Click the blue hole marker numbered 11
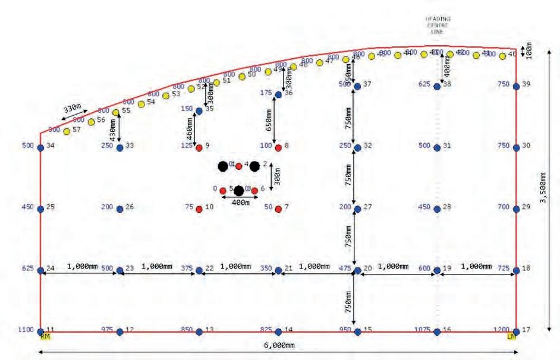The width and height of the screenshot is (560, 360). (40, 331)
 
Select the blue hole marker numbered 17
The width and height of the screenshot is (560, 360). (516, 331)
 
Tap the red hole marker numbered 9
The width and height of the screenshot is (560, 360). (199, 147)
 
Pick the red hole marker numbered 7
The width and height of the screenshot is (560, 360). (278, 209)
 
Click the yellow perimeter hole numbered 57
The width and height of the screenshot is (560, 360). (67, 131)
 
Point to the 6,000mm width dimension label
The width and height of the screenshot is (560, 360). (278, 345)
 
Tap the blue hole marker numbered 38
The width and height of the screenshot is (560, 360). (438, 86)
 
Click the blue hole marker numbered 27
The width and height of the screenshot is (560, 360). (357, 209)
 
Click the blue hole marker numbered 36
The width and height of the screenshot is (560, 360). (278, 94)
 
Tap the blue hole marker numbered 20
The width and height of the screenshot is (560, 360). (357, 270)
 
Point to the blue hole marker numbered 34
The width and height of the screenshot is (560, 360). (40, 147)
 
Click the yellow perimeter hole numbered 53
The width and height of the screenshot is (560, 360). (165, 96)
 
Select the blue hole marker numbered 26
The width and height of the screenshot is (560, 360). (120, 209)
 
